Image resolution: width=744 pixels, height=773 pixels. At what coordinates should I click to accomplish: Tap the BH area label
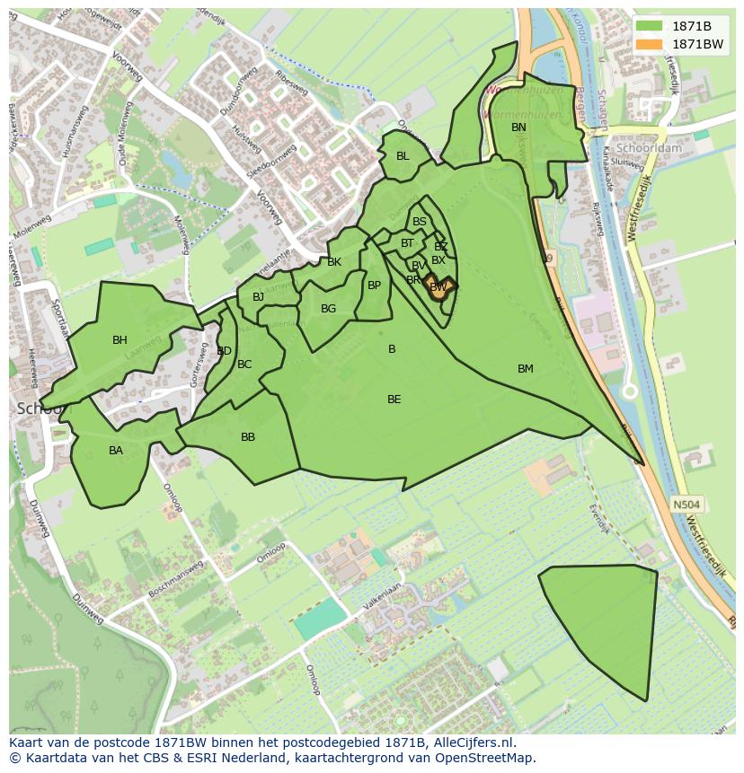120,340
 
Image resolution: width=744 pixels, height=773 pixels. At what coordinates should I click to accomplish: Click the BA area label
116,451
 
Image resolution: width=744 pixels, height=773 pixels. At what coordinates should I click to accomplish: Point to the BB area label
248,437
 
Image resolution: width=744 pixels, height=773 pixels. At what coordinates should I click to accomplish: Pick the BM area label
526,369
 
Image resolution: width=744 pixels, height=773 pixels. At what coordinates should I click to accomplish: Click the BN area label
518,127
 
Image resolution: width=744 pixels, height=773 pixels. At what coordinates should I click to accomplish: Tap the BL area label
403,156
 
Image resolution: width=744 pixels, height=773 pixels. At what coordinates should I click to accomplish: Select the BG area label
328,309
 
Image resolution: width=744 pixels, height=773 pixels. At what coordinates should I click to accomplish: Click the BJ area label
259,297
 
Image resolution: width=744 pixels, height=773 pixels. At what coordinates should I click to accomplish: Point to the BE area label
394,400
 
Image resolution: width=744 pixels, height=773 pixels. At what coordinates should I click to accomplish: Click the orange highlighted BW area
438,288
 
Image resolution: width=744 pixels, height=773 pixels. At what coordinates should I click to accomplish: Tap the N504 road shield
686,505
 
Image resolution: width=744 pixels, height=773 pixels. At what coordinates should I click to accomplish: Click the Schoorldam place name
655,148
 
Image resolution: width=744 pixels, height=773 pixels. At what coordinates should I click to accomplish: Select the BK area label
334,262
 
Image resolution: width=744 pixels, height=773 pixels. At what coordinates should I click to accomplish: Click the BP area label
374,285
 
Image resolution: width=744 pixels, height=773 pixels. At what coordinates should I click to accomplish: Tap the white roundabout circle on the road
630,391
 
